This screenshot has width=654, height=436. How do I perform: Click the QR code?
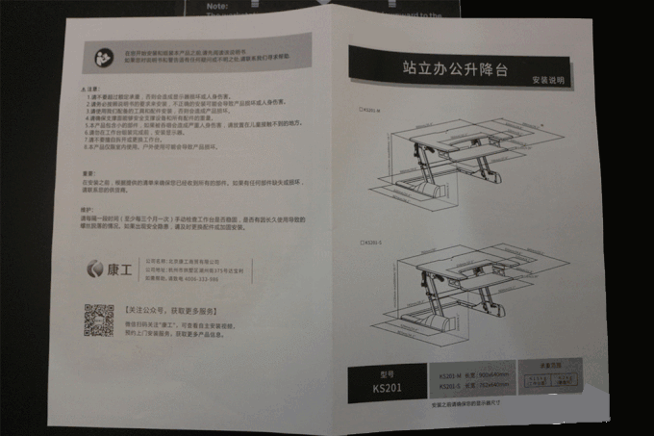coord(98,320)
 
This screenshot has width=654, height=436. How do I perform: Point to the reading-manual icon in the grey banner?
coord(102,53)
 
